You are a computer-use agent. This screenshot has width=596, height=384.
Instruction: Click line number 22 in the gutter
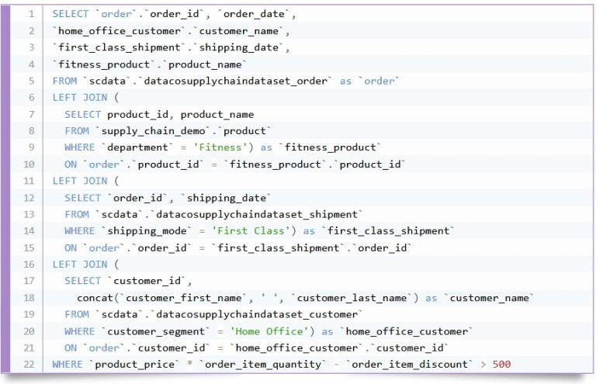pos(29,364)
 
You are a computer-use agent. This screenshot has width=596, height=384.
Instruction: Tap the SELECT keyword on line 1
pos(71,14)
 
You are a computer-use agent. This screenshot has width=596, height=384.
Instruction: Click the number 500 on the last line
pos(500,364)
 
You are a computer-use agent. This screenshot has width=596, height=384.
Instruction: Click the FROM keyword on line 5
pos(64,81)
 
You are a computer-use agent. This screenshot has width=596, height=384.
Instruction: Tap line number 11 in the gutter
pos(29,181)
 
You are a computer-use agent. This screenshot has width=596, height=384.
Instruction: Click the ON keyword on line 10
pos(71,164)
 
